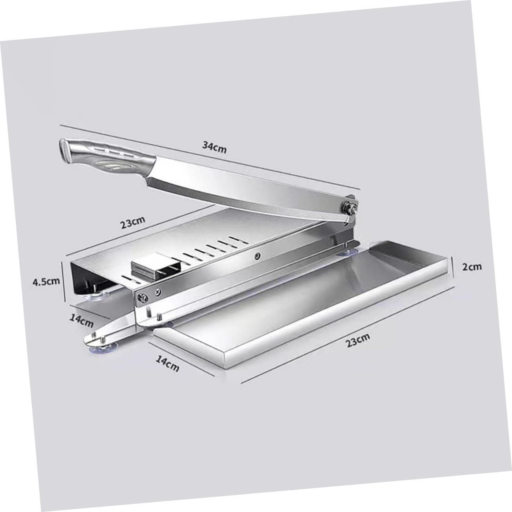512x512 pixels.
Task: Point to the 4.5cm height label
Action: click(46, 281)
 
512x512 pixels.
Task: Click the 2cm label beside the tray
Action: click(471, 267)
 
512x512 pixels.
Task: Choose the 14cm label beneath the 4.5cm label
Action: click(82, 320)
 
